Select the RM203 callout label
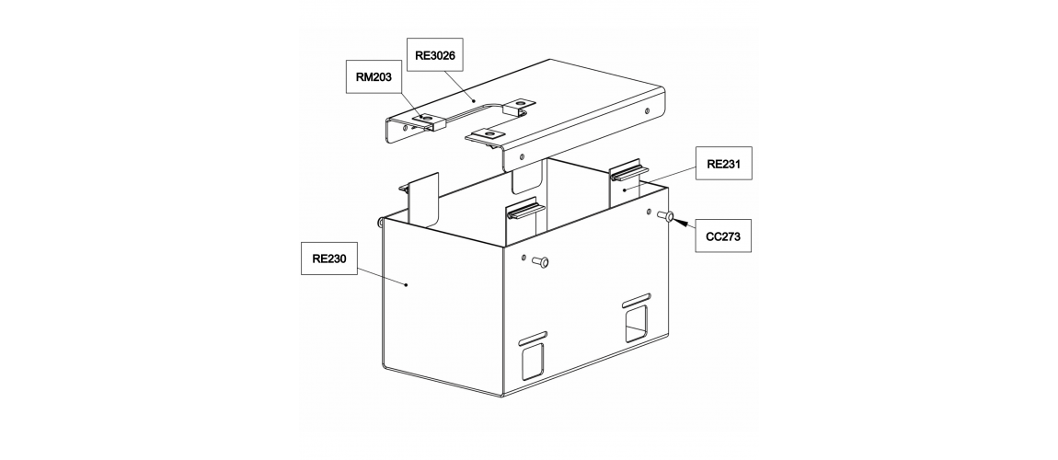(374, 77)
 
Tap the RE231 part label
(723, 163)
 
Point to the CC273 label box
(723, 236)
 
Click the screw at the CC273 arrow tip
(665, 216)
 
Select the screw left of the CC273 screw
(540, 261)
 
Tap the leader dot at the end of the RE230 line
(407, 285)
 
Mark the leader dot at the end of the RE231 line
(625, 190)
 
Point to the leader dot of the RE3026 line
(475, 100)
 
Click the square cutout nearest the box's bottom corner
(533, 361)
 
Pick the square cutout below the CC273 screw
(637, 324)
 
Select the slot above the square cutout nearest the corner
(533, 336)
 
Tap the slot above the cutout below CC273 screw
(637, 299)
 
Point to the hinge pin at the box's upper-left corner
(379, 222)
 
